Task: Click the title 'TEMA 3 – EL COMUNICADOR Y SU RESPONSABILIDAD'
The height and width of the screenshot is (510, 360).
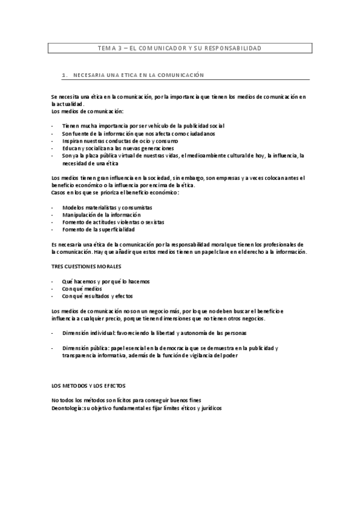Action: [179, 48]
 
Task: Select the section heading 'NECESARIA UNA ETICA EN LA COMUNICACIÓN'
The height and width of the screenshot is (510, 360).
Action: [139, 75]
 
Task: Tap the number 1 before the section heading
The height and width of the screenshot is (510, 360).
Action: [64, 75]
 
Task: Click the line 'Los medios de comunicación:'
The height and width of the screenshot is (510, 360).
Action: [87, 111]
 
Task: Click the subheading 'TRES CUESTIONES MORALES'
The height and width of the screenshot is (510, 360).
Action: [87, 266]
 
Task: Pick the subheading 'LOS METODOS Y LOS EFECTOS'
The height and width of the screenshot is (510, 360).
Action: [88, 385]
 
